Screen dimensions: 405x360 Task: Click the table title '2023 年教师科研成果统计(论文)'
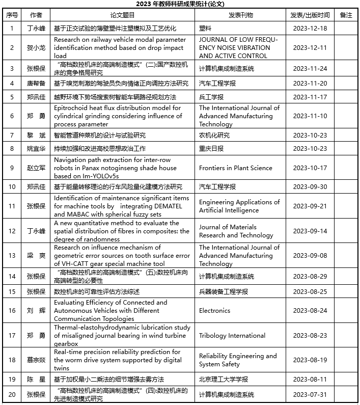pyautogui.click(x=180, y=5)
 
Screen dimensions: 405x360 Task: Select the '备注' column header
pyautogui.click(x=346, y=15)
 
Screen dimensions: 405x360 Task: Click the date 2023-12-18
pyautogui.click(x=310, y=29)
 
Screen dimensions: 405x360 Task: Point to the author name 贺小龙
pyautogui.click(x=36, y=48)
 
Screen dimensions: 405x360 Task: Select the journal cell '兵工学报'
pyautogui.click(x=211, y=97)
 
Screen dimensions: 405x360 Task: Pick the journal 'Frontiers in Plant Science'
pyautogui.click(x=235, y=168)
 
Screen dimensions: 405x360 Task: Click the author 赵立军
pyautogui.click(x=36, y=168)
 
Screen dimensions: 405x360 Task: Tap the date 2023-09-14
pyautogui.click(x=310, y=231)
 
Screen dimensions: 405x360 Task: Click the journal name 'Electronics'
pyautogui.click(x=214, y=310)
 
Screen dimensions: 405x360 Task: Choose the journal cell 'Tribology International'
pyautogui.click(x=232, y=335)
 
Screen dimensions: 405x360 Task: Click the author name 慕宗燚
pyautogui.click(x=36, y=360)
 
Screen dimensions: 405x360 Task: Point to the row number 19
pyautogui.click(x=12, y=380)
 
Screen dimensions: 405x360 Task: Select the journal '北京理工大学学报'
pyautogui.click(x=223, y=380)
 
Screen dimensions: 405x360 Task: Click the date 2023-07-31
pyautogui.click(x=310, y=394)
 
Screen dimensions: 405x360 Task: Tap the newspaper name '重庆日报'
pyautogui.click(x=211, y=149)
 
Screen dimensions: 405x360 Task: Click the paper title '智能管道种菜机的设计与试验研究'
pyautogui.click(x=100, y=136)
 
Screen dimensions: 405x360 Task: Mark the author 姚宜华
pyautogui.click(x=36, y=149)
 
